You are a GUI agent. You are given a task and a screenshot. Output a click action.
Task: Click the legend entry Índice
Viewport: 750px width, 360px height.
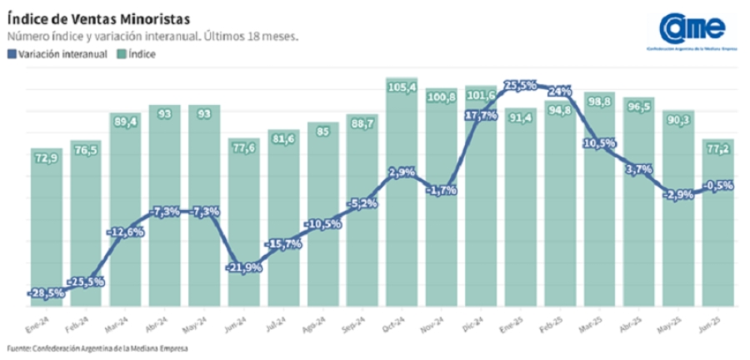(142, 54)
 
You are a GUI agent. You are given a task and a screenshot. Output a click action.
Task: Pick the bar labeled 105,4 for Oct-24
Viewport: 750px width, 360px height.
(402, 192)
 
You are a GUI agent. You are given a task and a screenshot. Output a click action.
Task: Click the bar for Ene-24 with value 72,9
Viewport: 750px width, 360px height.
(46, 225)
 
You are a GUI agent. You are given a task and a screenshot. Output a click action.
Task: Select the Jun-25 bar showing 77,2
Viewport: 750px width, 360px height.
(717, 225)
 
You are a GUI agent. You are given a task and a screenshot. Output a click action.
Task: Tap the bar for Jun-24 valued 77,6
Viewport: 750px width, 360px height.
(244, 225)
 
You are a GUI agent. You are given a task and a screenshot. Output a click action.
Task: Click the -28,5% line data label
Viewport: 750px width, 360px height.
(46, 293)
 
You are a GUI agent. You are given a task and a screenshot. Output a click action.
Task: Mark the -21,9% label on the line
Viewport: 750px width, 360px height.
(244, 267)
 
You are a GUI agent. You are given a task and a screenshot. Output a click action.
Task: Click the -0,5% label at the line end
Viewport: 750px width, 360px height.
(717, 185)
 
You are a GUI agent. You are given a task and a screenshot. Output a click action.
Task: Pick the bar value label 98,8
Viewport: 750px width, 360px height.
(599, 101)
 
